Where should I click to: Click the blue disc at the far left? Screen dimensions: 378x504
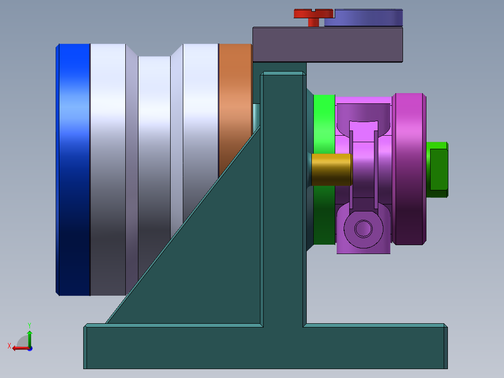74,168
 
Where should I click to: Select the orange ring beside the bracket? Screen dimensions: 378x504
235,103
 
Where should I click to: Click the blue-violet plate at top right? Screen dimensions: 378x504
364,17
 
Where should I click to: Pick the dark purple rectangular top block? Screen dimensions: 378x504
327,44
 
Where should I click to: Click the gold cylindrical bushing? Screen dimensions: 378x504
331,169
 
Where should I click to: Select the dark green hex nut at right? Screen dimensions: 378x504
438,169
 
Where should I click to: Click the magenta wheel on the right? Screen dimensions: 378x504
409,168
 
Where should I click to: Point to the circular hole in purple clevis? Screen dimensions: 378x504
363,229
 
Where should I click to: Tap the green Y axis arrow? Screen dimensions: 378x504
29,334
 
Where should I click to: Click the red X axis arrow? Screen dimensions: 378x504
18,348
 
